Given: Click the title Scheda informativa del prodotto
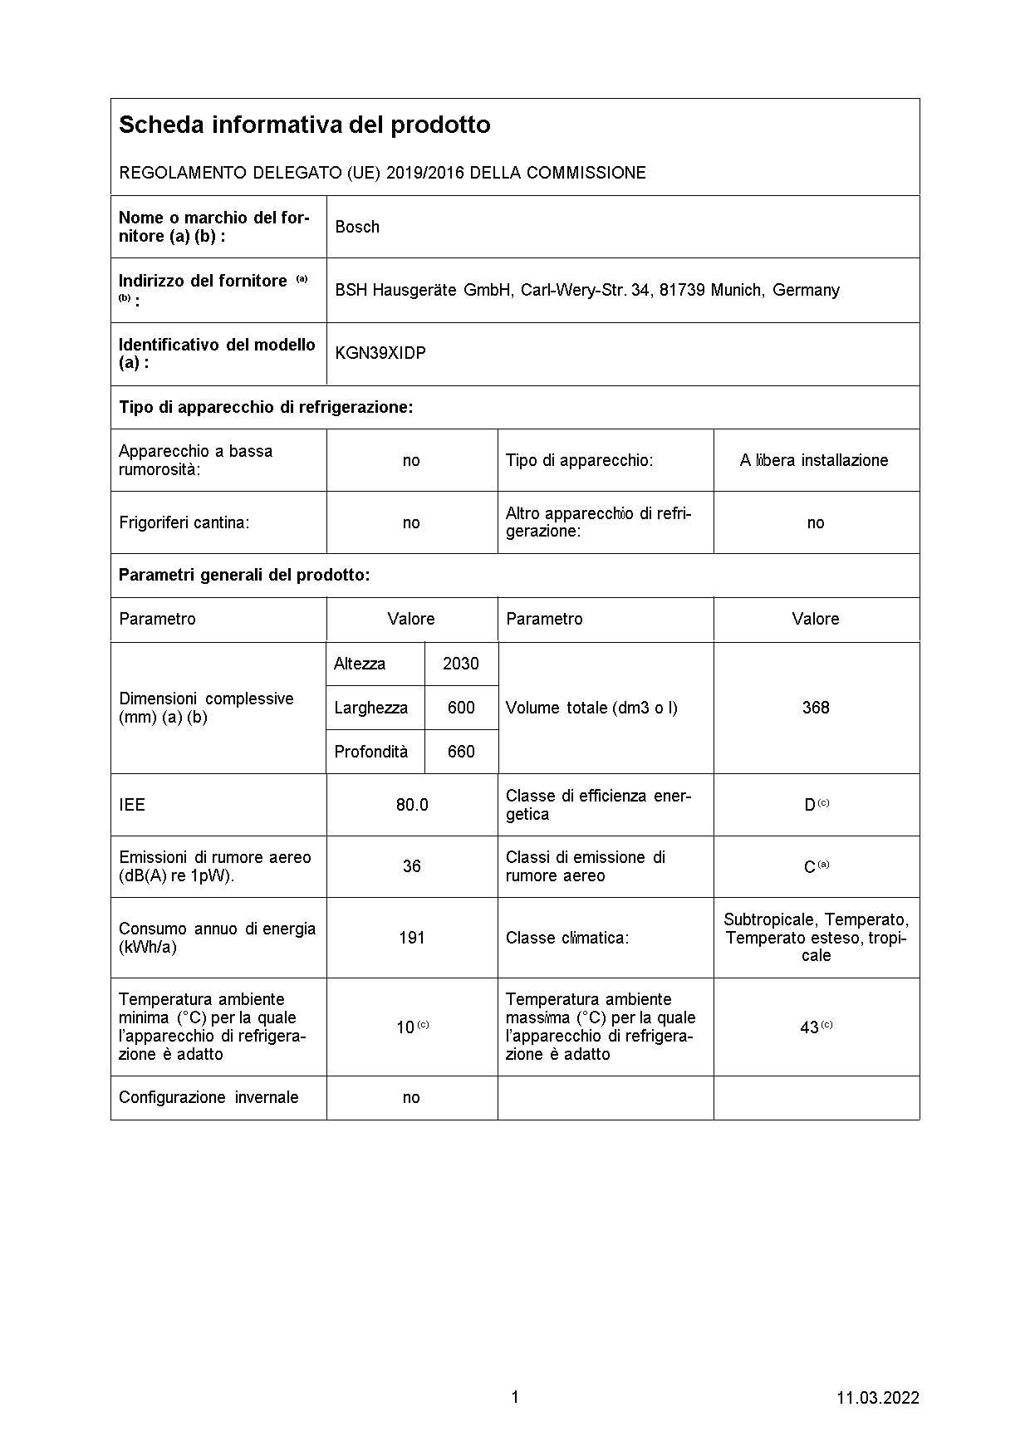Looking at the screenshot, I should [304, 125].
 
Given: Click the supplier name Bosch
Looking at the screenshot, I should [357, 227].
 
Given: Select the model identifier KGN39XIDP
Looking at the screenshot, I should [380, 353].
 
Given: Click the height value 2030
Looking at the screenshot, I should [461, 664].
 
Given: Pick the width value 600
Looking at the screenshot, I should [461, 708].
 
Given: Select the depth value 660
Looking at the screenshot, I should [461, 752].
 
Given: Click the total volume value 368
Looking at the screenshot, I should [816, 708].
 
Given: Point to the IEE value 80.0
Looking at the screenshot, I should [412, 805].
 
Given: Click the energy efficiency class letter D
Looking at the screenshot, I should [810, 805].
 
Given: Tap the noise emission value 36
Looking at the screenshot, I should [412, 866].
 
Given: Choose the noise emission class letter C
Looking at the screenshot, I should [810, 867].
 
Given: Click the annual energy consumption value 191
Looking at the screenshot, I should [412, 938].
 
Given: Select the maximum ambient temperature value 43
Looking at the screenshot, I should [810, 1027].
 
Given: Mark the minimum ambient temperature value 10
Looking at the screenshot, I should [405, 1027].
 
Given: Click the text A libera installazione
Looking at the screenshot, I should [814, 460].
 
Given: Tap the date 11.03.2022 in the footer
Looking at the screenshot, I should [877, 1398].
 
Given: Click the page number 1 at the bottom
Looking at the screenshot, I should [514, 1397].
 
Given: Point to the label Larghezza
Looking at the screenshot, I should [370, 708].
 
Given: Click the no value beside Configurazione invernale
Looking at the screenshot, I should [411, 1097].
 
